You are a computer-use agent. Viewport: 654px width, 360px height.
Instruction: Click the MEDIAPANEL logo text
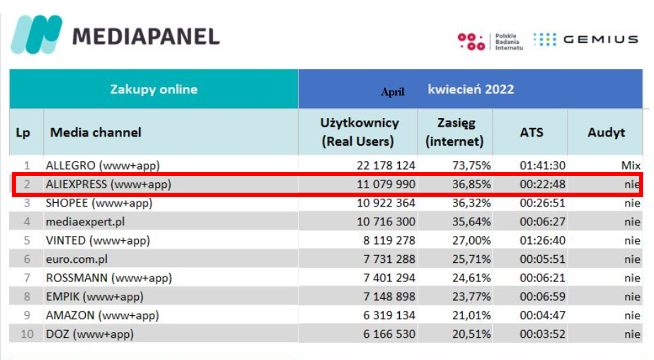tap(146, 36)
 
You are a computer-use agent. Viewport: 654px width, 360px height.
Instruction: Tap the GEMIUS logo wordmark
tap(600, 40)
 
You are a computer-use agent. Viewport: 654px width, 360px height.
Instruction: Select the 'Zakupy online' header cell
tap(154, 90)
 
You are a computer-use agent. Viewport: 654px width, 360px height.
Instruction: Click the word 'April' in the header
tap(392, 92)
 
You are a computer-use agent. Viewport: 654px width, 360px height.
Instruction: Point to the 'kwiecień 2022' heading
tap(470, 89)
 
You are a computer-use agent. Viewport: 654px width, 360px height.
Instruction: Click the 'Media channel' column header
tap(96, 132)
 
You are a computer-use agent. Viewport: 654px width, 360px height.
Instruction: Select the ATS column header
tap(531, 132)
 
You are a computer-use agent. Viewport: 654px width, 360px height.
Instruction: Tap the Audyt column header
tap(606, 132)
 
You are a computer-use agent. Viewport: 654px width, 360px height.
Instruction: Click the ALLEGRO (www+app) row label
tap(103, 165)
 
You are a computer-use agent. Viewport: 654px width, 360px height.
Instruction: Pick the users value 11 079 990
tap(386, 185)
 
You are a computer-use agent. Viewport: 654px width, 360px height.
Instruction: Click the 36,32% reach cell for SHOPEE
tap(471, 203)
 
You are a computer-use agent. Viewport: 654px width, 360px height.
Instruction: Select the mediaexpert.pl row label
tap(85, 222)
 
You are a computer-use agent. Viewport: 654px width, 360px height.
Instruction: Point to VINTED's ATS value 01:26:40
tap(543, 241)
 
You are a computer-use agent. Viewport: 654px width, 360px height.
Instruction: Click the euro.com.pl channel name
tap(77, 259)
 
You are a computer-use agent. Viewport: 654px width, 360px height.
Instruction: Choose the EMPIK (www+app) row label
tap(94, 297)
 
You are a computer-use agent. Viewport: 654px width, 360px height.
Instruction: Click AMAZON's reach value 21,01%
tap(471, 315)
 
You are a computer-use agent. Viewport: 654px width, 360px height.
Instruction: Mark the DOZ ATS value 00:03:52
tap(543, 334)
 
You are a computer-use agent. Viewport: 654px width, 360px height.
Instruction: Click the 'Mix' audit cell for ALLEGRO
tap(631, 165)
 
